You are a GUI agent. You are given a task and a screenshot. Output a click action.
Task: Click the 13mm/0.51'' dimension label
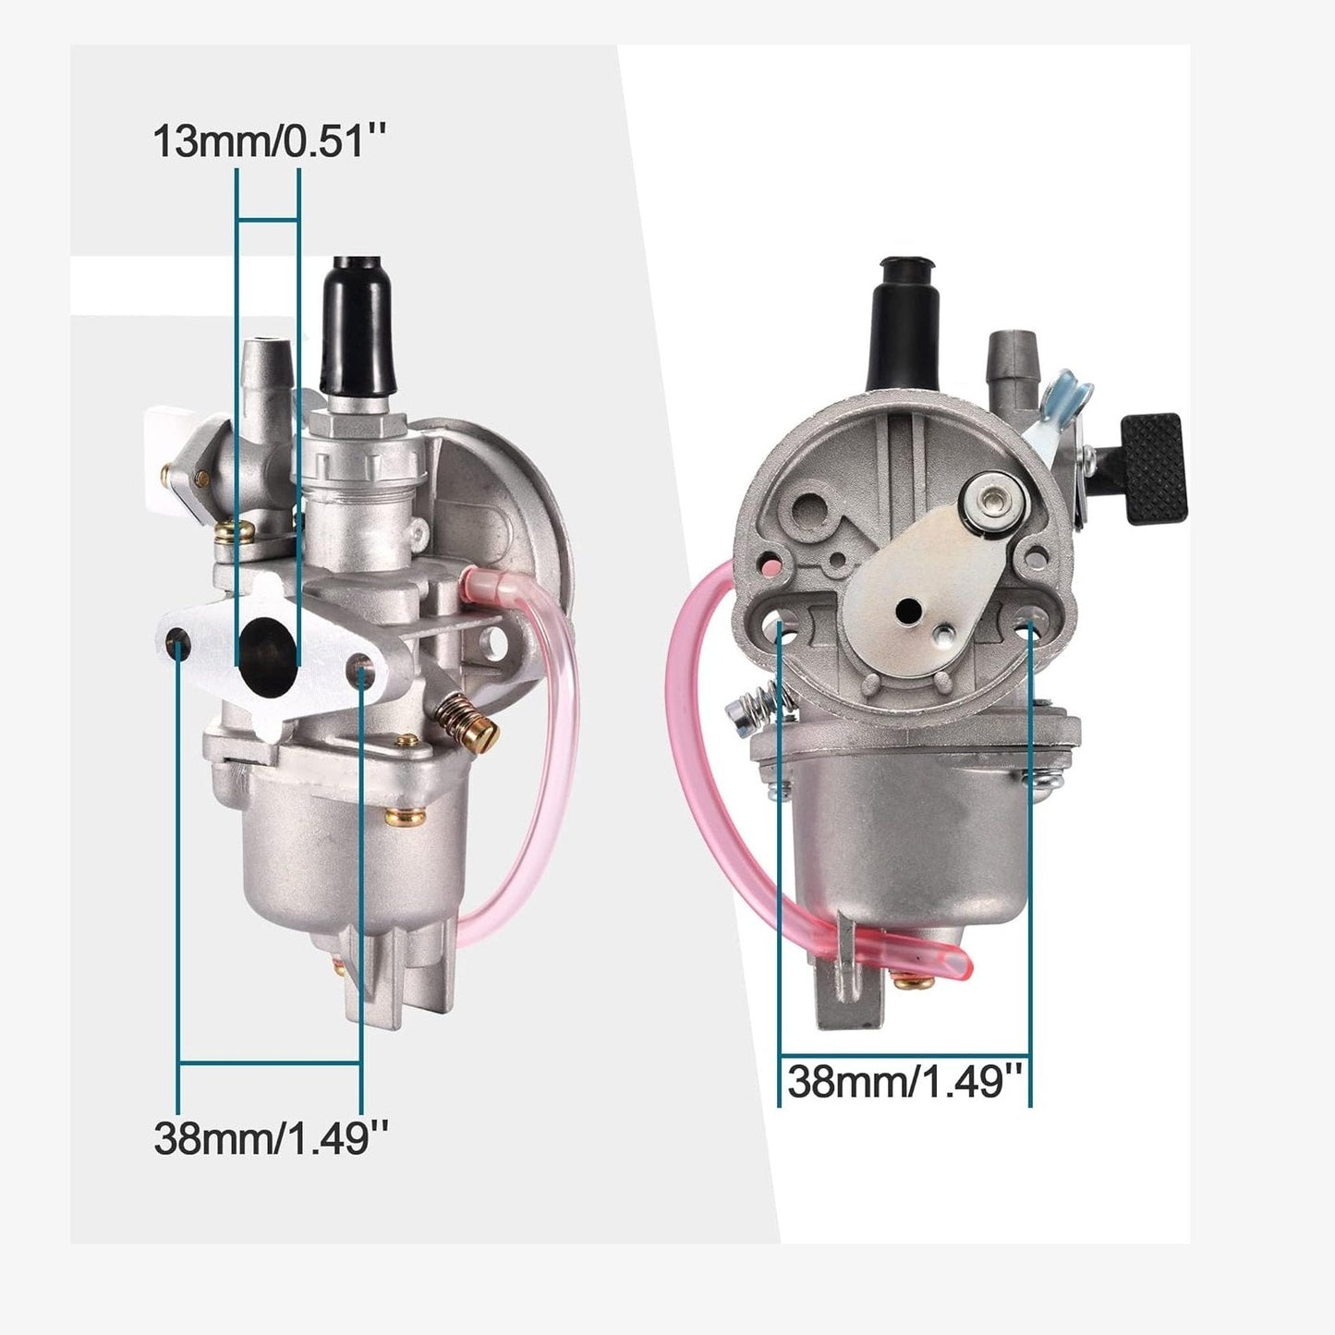(x=268, y=141)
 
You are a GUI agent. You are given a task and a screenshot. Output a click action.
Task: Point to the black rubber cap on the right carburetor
(x=904, y=324)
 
